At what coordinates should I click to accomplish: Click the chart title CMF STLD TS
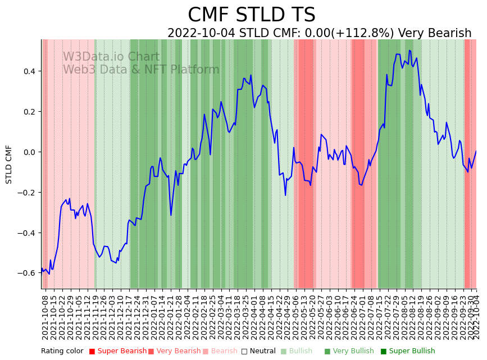[x=252, y=15]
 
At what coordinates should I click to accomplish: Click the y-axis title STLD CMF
[x=9, y=164]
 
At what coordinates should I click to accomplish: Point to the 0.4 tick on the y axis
[x=29, y=71]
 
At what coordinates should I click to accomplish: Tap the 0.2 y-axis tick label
[x=29, y=112]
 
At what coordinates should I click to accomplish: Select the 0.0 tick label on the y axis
[x=29, y=152]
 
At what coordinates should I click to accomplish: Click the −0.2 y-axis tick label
[x=27, y=193]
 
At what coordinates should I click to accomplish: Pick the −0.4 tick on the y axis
[x=27, y=233]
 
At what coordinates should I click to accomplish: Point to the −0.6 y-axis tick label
[x=27, y=273]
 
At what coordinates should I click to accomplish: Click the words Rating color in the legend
[x=62, y=352]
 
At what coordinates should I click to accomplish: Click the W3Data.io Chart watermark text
[x=111, y=57]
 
